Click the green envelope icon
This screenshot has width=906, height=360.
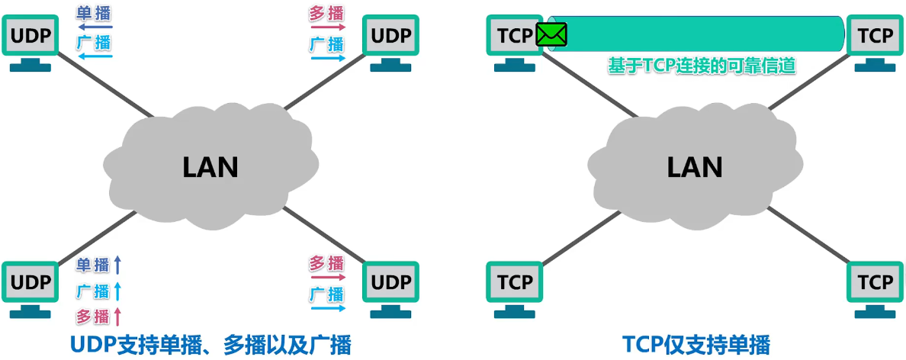551,34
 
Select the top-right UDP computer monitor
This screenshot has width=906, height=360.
391,35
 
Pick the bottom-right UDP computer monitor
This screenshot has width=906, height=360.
391,282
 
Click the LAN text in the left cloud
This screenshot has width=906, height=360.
210,166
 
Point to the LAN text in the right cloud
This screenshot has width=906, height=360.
695,166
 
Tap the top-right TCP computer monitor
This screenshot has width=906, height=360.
875,35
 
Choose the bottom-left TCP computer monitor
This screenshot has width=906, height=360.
515,282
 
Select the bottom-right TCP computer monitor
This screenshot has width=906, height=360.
875,282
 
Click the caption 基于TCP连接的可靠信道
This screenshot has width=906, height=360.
702,66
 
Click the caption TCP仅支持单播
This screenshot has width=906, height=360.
696,343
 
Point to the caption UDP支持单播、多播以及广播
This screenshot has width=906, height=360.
210,343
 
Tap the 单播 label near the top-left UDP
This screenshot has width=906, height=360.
94,13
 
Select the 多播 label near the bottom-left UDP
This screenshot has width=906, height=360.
93,316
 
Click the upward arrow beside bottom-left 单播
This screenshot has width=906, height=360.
117,265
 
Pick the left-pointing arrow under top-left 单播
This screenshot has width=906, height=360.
95,27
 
